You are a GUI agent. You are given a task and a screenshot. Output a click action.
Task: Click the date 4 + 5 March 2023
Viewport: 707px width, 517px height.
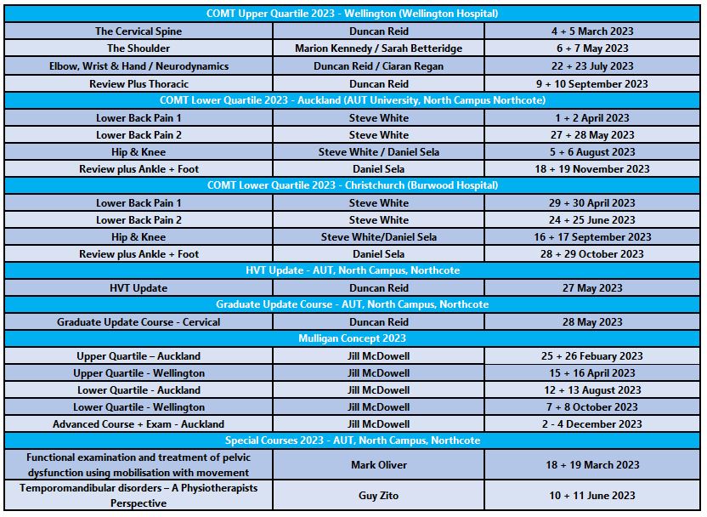coord(591,31)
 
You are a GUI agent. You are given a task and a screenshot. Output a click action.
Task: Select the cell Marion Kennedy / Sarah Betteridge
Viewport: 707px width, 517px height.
coord(379,48)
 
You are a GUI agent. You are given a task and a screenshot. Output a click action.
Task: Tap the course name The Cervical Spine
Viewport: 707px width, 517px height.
coord(139,31)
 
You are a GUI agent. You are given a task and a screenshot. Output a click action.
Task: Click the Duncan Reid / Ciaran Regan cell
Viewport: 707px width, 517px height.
coord(379,65)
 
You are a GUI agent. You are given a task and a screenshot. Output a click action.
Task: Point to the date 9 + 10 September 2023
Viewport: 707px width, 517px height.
coord(591,83)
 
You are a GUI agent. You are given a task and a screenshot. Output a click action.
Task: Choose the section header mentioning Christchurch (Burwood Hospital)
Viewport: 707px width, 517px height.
coord(353,186)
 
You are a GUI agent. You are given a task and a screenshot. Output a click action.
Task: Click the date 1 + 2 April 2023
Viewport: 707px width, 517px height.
coord(591,118)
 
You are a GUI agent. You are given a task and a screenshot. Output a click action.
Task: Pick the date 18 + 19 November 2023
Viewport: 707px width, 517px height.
coord(591,169)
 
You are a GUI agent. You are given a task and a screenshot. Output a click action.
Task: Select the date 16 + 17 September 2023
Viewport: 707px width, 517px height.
coord(591,237)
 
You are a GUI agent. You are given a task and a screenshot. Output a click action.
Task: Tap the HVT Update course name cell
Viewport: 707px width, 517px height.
coord(139,288)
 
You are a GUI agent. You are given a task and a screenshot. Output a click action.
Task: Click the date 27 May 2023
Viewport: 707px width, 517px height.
coord(591,288)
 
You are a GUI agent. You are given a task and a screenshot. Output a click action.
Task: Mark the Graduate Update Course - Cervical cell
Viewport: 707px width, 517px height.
coord(139,322)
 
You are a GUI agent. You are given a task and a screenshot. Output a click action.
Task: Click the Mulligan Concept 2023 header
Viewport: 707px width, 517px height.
coord(353,338)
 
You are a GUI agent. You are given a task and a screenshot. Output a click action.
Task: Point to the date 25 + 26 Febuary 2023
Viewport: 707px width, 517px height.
coord(591,356)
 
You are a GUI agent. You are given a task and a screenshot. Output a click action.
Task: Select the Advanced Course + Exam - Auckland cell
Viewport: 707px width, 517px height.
coord(139,424)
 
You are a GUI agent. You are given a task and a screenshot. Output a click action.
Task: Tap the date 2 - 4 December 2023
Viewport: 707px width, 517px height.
coord(591,424)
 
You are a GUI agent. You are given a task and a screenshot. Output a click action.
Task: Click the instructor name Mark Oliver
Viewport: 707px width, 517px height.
coord(379,465)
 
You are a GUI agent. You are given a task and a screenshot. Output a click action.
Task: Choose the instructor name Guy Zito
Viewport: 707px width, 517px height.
coord(379,496)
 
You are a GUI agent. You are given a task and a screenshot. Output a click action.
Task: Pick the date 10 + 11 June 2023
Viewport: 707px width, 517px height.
coord(591,496)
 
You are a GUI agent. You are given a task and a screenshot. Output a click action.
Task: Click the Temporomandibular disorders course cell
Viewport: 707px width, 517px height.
coord(139,496)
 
